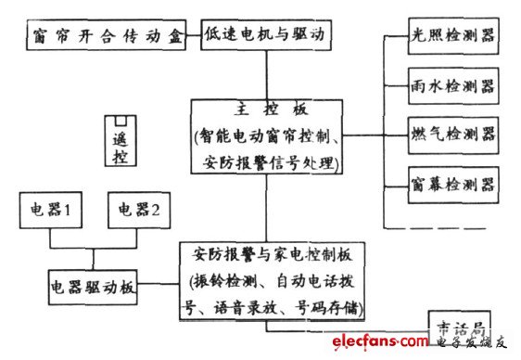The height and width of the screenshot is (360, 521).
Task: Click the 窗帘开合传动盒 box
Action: (110, 39)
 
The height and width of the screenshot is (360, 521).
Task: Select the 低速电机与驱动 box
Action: (265, 39)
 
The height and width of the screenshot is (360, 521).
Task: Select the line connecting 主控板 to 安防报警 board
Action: (269, 210)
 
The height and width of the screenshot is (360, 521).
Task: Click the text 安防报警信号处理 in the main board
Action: (268, 163)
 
